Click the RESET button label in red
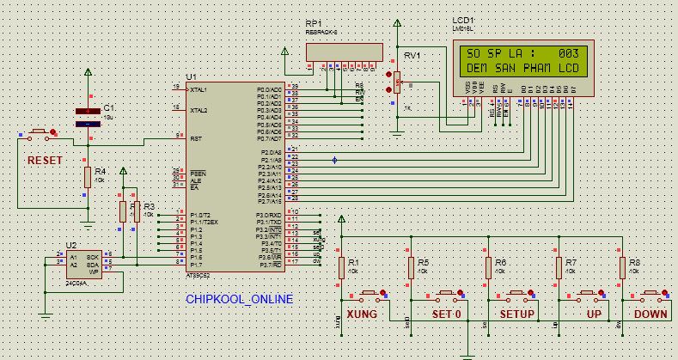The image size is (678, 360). (44, 161)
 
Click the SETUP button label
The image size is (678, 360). (517, 314)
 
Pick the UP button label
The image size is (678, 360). (594, 314)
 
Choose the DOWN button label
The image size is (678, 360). (651, 314)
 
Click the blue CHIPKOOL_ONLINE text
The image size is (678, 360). (239, 299)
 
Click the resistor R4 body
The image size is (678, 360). (87, 176)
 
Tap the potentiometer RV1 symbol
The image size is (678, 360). (398, 82)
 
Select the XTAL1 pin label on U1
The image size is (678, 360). (199, 89)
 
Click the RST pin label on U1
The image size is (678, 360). (196, 137)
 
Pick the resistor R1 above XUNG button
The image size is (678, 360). (341, 268)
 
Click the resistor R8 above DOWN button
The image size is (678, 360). (622, 268)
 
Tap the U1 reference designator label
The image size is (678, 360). (191, 77)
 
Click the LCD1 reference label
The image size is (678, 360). (463, 20)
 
